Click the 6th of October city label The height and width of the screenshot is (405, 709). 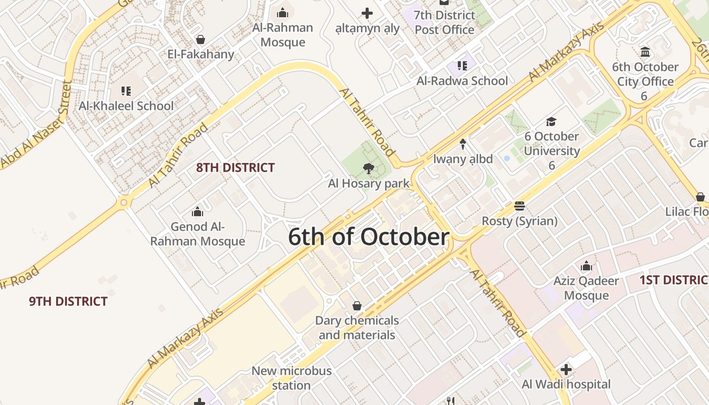coord(369,237)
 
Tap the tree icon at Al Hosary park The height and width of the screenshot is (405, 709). coord(369,169)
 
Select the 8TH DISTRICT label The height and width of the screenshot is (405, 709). coord(235,168)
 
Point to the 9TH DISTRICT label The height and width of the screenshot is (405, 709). coord(68,302)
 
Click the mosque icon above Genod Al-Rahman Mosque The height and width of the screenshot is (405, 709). coord(198,212)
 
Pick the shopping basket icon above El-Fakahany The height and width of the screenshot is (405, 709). coord(201,39)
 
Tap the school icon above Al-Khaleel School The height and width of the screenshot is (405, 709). coord(126,91)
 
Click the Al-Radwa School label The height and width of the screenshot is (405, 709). coord(462,81)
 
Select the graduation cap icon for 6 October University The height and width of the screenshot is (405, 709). coord(551,121)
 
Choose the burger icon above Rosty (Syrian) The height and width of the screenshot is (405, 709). coord(519,206)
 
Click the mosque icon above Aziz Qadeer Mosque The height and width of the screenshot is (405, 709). coord(586,266)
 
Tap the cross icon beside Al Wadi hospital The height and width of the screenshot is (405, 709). coord(566,370)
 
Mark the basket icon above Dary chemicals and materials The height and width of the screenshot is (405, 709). coord(357,306)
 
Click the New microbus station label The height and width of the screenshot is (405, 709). coord(291,378)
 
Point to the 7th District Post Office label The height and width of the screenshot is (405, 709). coord(444,22)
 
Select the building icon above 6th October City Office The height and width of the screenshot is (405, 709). coord(645,52)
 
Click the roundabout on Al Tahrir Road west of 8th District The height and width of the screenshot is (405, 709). coord(124,202)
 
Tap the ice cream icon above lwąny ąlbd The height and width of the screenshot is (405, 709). coord(463,144)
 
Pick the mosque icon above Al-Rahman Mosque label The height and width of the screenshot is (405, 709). coord(283,13)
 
